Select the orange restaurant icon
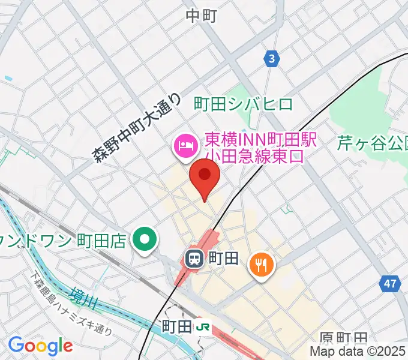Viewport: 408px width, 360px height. (x=262, y=263)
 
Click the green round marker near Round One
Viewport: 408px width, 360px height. (x=145, y=241)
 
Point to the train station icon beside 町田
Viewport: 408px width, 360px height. (x=194, y=259)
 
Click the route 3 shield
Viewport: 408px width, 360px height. (x=272, y=59)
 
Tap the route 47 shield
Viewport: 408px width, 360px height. (x=391, y=284)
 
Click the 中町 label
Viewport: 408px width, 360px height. (x=201, y=16)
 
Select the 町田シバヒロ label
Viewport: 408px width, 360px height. (x=244, y=104)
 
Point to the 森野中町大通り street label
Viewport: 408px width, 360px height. (x=137, y=128)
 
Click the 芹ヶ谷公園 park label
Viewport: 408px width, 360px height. (x=372, y=143)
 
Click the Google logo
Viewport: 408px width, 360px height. (x=40, y=346)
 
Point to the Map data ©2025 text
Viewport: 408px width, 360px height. (x=358, y=352)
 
